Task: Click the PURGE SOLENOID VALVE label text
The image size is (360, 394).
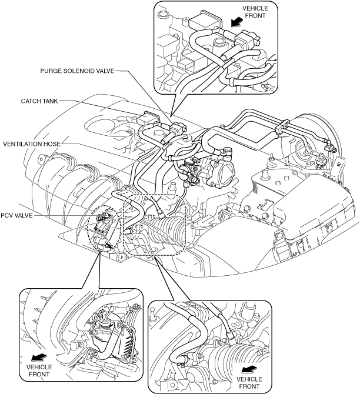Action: click(77, 70)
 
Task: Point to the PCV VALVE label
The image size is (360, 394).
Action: click(18, 215)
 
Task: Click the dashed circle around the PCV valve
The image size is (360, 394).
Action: click(104, 226)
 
